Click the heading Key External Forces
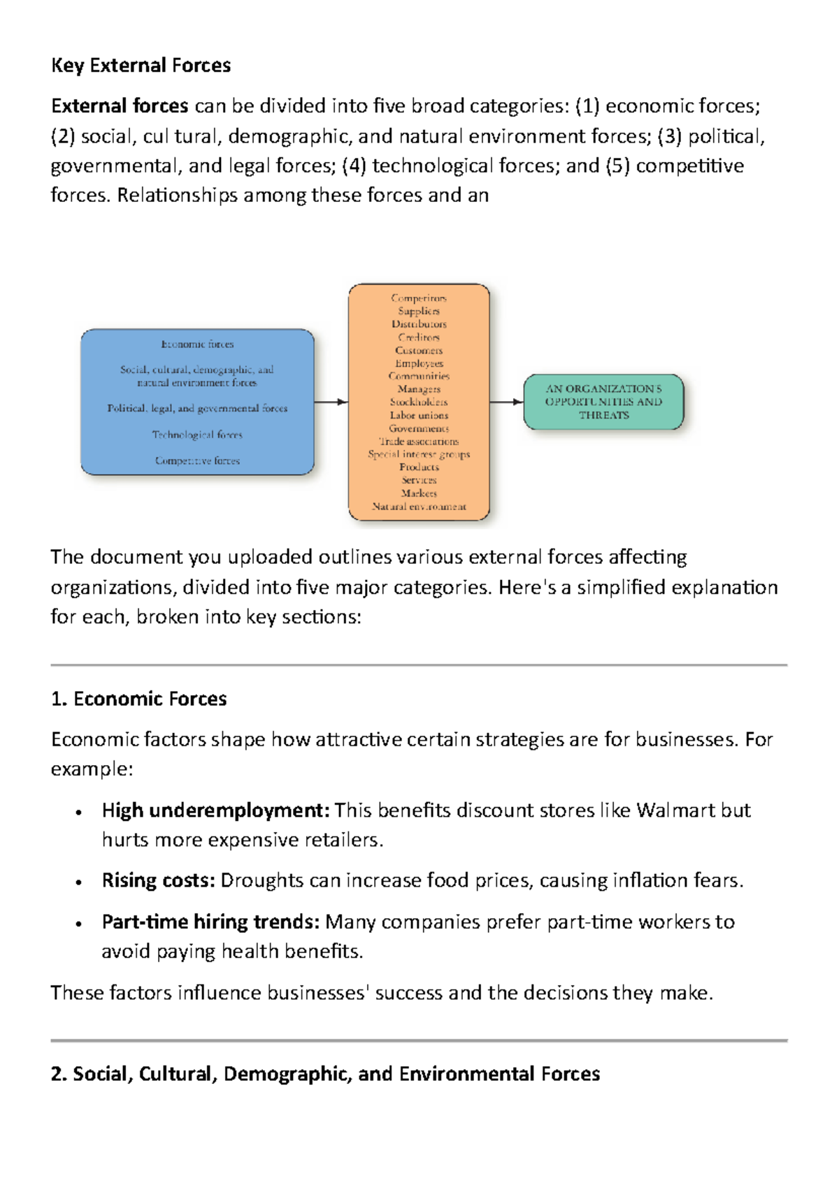pos(141,66)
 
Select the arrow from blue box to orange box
pos(331,402)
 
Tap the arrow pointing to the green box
pos(506,402)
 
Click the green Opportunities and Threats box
pos(603,402)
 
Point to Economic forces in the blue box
pos(197,344)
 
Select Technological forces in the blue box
pos(197,435)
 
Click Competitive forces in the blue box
pos(197,460)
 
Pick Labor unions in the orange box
pos(419,415)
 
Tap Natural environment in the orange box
pos(419,506)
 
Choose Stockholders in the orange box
pos(419,402)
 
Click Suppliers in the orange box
pos(419,311)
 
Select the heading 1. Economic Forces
pos(139,699)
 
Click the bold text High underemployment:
pos(215,810)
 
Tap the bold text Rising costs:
pos(159,880)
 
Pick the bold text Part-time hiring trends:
pos(210,922)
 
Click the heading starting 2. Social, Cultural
pos(325,1074)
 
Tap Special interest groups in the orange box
pos(419,454)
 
